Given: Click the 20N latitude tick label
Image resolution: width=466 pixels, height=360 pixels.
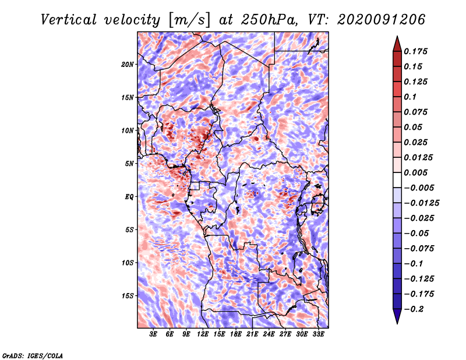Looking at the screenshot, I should pos(128,64).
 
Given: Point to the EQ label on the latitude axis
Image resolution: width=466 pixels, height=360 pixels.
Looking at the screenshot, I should pos(129,196).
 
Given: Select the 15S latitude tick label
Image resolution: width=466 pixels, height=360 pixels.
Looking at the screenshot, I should pos(128,295).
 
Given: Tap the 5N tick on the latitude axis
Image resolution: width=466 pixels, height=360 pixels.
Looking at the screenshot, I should pos(129,163).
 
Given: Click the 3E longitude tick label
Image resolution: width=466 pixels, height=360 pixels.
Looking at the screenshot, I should pos(153,335).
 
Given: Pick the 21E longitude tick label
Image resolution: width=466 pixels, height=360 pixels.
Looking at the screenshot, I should pos(253,335).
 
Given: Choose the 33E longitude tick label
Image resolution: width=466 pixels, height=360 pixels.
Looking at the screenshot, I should pos(319,335).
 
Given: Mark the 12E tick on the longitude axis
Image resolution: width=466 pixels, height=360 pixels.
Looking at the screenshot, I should pos(203,335).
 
